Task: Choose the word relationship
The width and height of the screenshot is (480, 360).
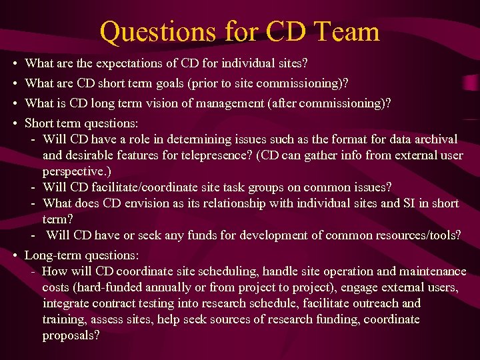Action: click(243, 203)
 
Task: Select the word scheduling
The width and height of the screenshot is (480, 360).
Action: click(226, 271)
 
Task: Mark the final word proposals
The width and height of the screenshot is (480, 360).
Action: click(71, 335)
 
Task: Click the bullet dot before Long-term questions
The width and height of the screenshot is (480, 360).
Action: click(15, 255)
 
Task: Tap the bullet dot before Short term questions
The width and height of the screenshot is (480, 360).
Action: click(15, 123)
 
